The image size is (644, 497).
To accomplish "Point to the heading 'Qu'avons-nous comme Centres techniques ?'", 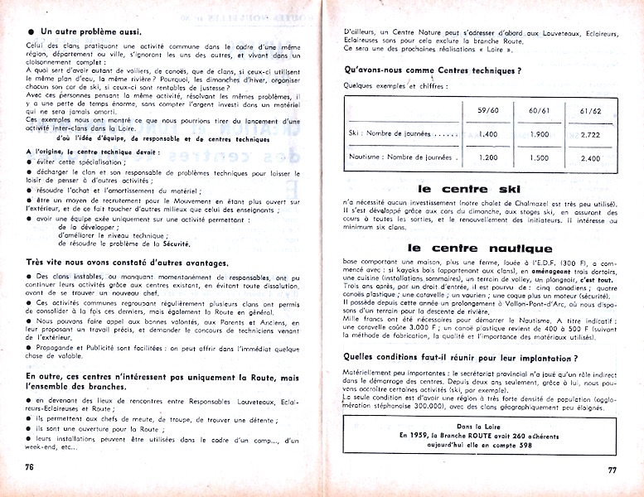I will pyautogui.click(x=432, y=70).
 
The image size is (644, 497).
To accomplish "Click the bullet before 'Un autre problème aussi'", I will pyautogui.click(x=19, y=30).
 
